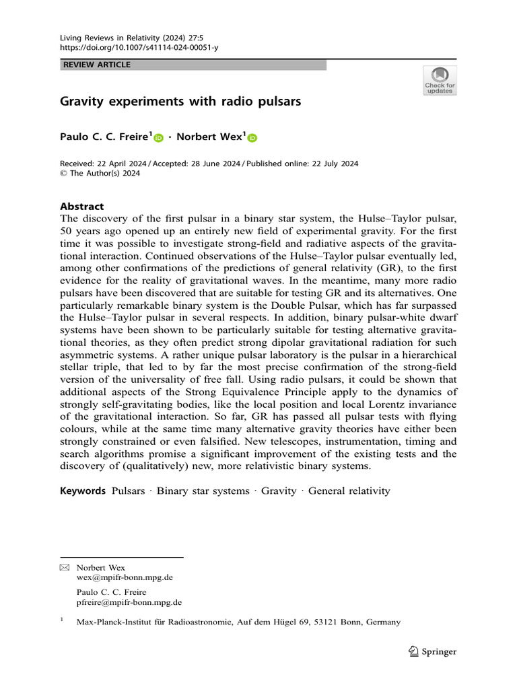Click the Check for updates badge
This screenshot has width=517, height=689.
point(440,80)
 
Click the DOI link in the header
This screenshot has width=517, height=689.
point(139,48)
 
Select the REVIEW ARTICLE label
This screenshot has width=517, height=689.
point(96,65)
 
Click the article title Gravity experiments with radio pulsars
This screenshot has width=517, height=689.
point(180,103)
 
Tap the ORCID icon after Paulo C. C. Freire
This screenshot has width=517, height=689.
point(159,138)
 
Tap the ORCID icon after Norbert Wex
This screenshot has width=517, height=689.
point(252,138)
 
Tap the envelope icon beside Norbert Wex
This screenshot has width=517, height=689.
point(65,568)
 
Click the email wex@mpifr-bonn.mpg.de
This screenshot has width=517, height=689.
point(125,577)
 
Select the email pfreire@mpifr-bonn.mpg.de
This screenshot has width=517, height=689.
point(129,602)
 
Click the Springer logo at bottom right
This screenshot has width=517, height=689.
point(433,651)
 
